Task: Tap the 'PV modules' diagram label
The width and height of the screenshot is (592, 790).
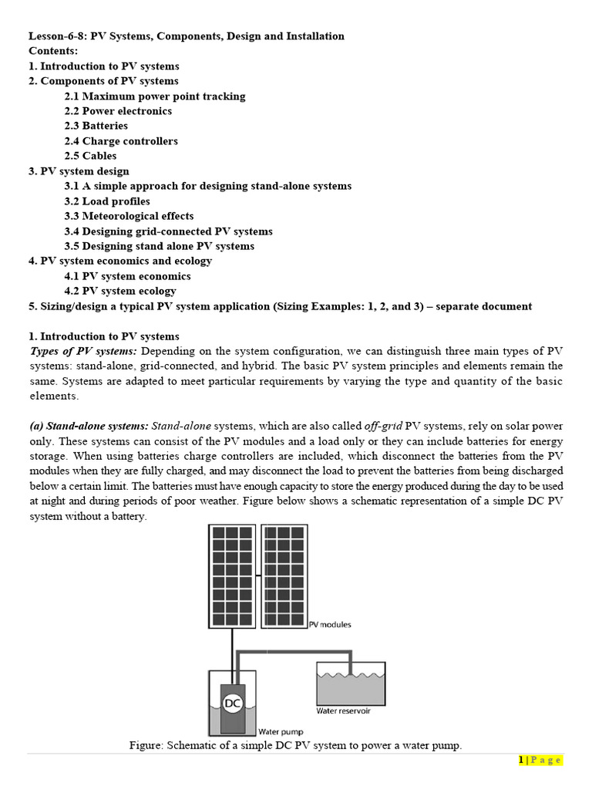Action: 330,624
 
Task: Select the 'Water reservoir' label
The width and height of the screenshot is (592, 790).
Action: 343,711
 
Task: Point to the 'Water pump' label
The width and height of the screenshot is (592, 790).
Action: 281,731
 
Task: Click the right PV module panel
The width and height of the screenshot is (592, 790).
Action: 284,575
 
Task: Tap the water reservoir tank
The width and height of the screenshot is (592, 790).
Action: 351,684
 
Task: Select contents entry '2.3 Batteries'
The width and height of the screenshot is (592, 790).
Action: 96,126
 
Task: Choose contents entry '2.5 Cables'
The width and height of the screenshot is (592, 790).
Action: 90,156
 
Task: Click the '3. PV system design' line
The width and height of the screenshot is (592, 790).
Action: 79,171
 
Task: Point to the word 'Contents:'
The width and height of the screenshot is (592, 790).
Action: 54,51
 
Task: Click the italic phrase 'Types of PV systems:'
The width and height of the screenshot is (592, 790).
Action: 82,351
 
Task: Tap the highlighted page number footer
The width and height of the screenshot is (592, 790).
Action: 540,761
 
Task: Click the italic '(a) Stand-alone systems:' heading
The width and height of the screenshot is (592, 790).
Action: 89,426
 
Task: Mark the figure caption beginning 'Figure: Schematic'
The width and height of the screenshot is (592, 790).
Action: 295,745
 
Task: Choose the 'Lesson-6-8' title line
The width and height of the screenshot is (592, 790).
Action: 187,36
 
